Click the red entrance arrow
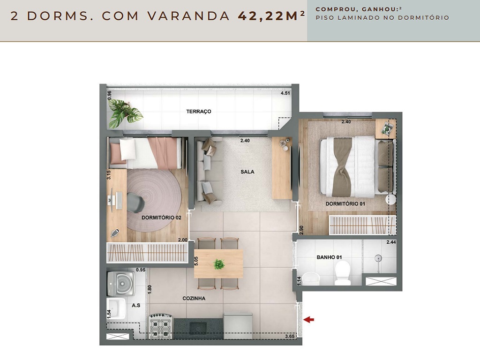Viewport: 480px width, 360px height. [x=309, y=320]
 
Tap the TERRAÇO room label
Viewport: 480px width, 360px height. [x=199, y=112]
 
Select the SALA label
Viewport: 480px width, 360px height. [x=247, y=172]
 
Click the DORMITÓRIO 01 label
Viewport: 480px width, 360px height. [x=345, y=203]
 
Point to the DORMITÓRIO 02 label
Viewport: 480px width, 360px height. [x=161, y=217]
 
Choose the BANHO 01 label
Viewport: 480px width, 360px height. [x=329, y=257]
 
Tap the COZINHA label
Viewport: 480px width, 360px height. [x=194, y=298]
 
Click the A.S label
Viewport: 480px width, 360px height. [x=136, y=305]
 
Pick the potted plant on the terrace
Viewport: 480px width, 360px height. [x=125, y=113]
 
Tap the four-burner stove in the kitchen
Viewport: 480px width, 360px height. [x=161, y=326]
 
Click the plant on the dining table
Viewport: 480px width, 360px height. [x=219, y=264]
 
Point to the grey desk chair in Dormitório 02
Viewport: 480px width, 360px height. [x=135, y=202]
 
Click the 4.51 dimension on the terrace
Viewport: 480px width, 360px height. [x=285, y=93]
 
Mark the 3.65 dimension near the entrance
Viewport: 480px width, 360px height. [x=290, y=337]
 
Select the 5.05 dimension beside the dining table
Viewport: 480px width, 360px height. [x=196, y=261]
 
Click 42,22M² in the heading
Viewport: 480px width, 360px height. [x=271, y=15]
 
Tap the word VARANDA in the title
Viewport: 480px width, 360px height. [x=188, y=16]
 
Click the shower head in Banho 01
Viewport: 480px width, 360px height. [x=379, y=258]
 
